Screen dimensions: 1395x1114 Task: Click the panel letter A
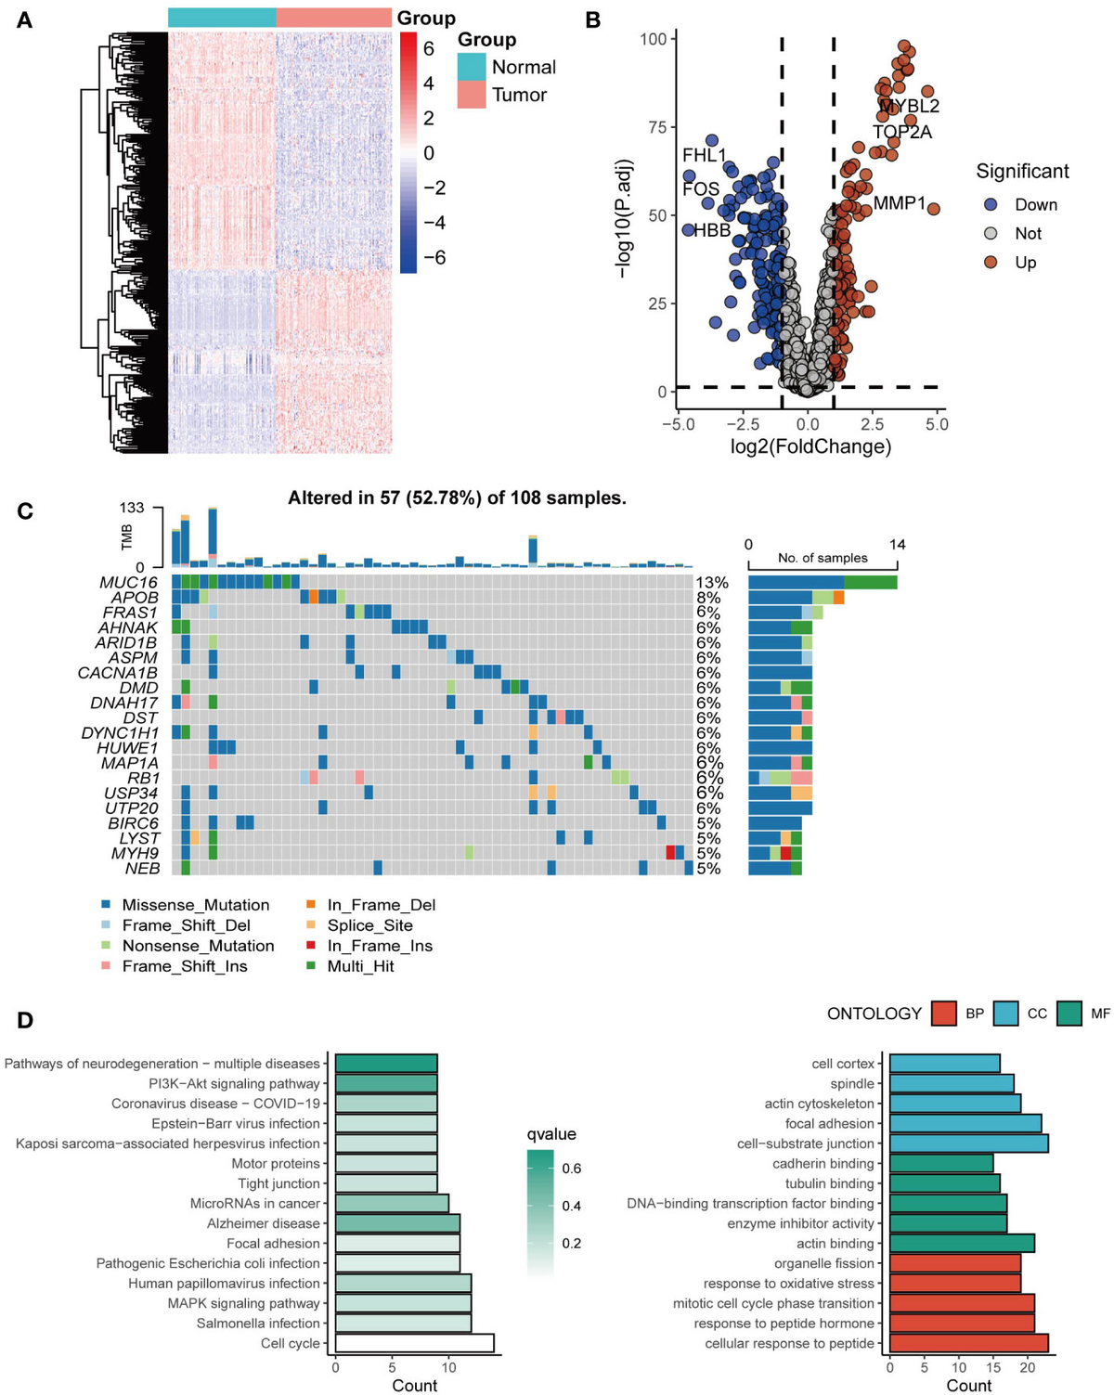(25, 19)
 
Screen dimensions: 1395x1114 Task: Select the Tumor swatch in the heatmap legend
(472, 95)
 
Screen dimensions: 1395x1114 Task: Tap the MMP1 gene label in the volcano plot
(899, 202)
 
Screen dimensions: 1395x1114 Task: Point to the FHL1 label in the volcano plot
(704, 155)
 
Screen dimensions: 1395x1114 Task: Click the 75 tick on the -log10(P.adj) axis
(656, 127)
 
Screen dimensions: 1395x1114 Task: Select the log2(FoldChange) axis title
(810, 446)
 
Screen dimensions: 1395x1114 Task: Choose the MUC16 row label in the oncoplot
(129, 583)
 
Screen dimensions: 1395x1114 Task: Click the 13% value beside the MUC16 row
(712, 583)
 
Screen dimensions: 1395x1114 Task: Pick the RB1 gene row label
(144, 778)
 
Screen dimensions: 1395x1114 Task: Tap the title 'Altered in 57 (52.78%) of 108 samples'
(457, 498)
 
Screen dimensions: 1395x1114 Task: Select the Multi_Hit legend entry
(360, 966)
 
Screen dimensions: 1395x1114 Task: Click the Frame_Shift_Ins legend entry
(185, 966)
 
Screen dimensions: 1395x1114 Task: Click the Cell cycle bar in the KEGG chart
(414, 1343)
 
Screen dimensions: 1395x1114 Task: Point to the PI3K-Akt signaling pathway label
(234, 1083)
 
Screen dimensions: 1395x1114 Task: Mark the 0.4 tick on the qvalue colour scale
(571, 1206)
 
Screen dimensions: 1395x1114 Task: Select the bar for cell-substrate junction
(968, 1143)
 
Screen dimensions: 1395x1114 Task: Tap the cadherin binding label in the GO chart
(823, 1163)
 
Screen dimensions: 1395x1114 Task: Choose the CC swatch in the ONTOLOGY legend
(1005, 1014)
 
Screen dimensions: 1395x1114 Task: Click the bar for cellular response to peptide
(968, 1343)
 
